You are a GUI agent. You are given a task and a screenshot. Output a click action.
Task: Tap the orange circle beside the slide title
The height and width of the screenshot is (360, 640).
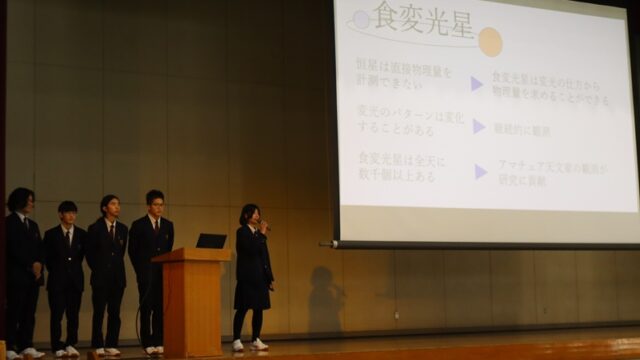[x=490, y=41]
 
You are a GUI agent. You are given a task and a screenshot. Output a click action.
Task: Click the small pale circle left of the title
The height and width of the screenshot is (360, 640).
[x=361, y=19]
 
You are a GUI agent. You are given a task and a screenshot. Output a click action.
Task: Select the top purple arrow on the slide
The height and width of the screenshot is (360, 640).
[x=477, y=83]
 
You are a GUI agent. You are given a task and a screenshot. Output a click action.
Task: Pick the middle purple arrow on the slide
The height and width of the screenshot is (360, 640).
[x=479, y=127]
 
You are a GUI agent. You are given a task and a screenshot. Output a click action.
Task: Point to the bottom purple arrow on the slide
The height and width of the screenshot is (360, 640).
[x=481, y=171]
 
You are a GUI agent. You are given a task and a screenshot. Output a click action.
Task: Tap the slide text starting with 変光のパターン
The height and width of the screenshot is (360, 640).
[x=410, y=122]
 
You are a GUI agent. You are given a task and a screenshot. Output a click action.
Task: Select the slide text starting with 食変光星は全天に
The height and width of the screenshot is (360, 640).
[x=404, y=165]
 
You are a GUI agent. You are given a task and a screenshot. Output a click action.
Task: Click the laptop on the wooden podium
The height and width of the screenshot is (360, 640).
[x=211, y=241]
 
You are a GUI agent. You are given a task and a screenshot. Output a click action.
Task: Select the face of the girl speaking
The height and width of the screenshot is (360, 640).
[x=250, y=216]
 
